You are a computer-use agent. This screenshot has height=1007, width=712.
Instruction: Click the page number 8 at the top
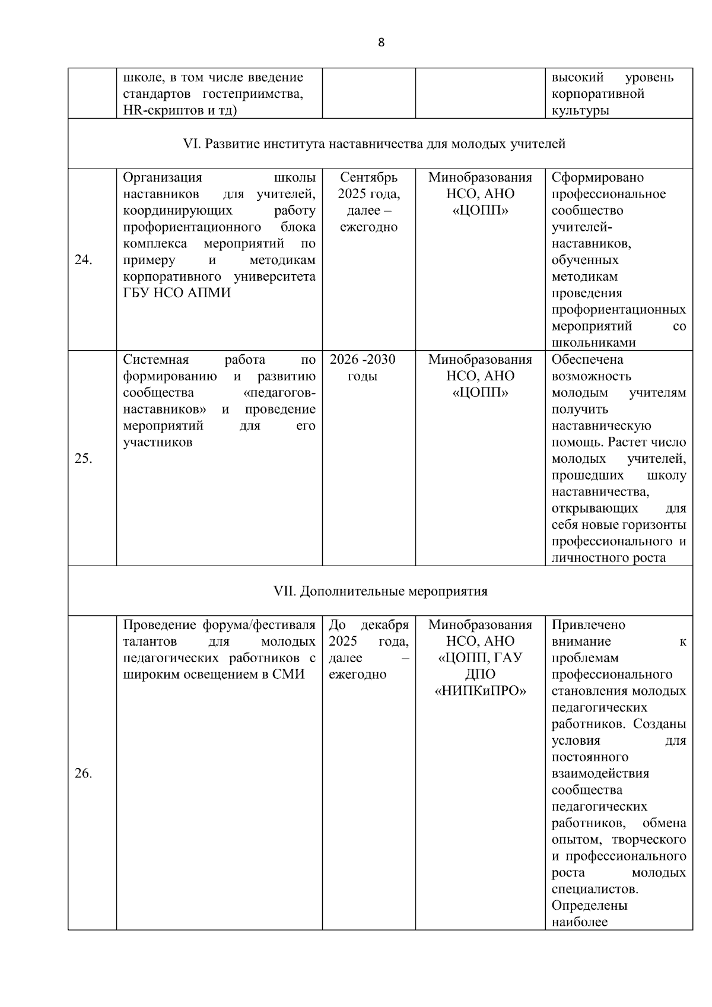click(x=381, y=42)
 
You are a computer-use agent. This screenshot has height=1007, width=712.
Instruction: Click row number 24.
click(x=83, y=260)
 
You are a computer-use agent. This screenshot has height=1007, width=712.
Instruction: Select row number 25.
click(x=83, y=459)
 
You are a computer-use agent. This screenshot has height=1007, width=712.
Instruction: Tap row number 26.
click(x=83, y=773)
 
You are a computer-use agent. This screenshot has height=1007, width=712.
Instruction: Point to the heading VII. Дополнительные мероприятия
click(x=380, y=591)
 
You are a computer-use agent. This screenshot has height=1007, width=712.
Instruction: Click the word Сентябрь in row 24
click(x=368, y=177)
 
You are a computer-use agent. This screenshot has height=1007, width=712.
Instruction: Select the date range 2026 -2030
click(x=363, y=360)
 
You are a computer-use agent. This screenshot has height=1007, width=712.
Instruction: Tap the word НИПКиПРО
click(x=481, y=691)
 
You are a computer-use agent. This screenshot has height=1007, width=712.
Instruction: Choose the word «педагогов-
click(x=280, y=393)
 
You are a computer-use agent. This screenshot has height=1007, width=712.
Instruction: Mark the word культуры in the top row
click(x=580, y=110)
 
